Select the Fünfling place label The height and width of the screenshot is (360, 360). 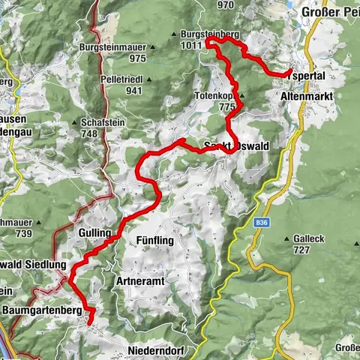pos(155,241)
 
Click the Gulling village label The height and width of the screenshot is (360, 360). pos(95,234)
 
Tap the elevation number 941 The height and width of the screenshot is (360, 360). pos(133,91)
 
